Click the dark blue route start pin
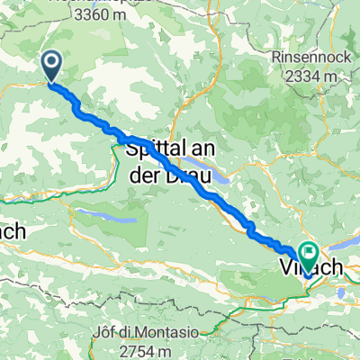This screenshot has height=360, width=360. [51, 64]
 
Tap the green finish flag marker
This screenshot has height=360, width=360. [310, 256]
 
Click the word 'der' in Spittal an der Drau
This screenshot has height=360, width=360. [146, 167]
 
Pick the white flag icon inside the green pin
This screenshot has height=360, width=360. [310, 255]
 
